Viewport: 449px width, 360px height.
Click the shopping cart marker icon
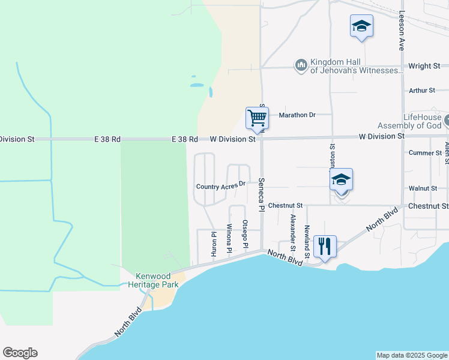pos(257,118)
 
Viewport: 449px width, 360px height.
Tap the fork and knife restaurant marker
pos(325,245)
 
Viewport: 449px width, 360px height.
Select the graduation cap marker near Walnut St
pos(341,180)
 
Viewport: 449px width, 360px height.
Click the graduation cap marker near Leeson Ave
pos(361,26)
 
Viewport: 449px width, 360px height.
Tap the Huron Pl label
pos(214,245)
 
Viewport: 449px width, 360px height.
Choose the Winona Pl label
pos(229,238)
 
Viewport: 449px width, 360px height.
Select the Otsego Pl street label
pos(245,235)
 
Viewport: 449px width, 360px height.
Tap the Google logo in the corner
pos(20,353)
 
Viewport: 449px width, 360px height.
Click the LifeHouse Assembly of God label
pos(409,121)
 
